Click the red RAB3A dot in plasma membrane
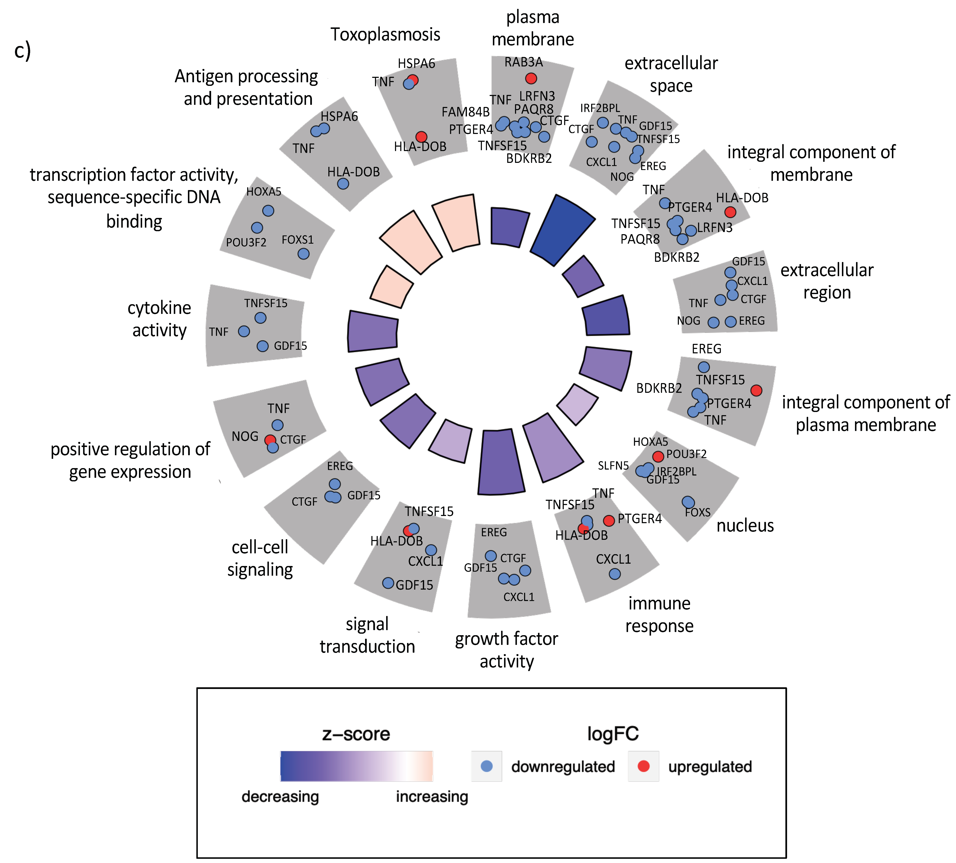(x=531, y=78)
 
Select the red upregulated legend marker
(x=643, y=766)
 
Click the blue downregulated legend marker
(x=486, y=766)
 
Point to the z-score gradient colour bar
(x=356, y=766)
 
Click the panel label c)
(x=22, y=50)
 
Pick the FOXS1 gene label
(x=298, y=240)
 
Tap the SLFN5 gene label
(x=613, y=466)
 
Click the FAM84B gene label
(x=465, y=112)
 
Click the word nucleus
(x=745, y=525)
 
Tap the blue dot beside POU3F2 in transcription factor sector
(x=257, y=228)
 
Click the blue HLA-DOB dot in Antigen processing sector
(x=343, y=184)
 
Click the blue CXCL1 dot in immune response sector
(x=614, y=574)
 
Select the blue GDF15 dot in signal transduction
(x=388, y=583)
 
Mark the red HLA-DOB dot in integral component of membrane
(x=730, y=212)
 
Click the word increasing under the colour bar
(x=432, y=796)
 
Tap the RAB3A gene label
(x=523, y=62)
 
